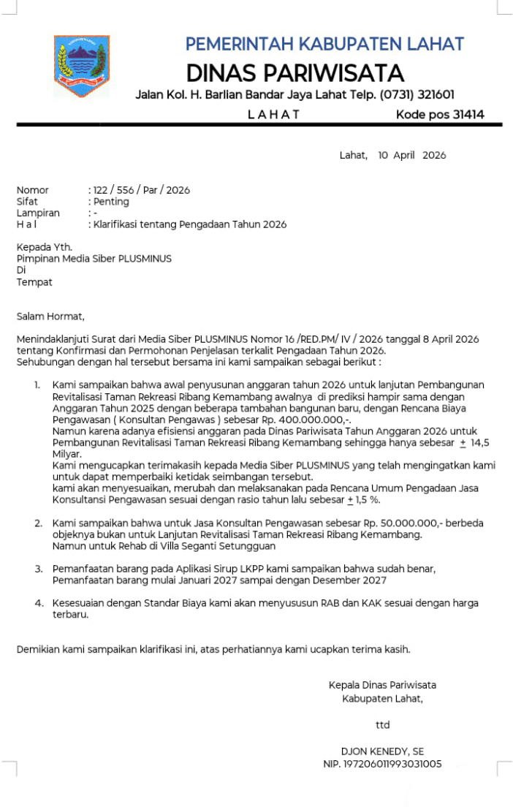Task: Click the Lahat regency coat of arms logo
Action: (x=81, y=66)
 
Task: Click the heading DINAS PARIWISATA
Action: (x=294, y=73)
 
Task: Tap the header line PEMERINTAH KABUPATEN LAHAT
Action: (x=324, y=44)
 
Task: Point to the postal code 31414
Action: (x=468, y=115)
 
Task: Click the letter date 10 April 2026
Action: (x=411, y=155)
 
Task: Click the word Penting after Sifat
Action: (x=110, y=202)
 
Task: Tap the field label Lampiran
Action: (x=38, y=213)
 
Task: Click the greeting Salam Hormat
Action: (x=50, y=317)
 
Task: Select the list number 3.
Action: (x=37, y=568)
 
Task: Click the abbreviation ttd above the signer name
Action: (x=382, y=725)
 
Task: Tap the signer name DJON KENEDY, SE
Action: (x=382, y=751)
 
